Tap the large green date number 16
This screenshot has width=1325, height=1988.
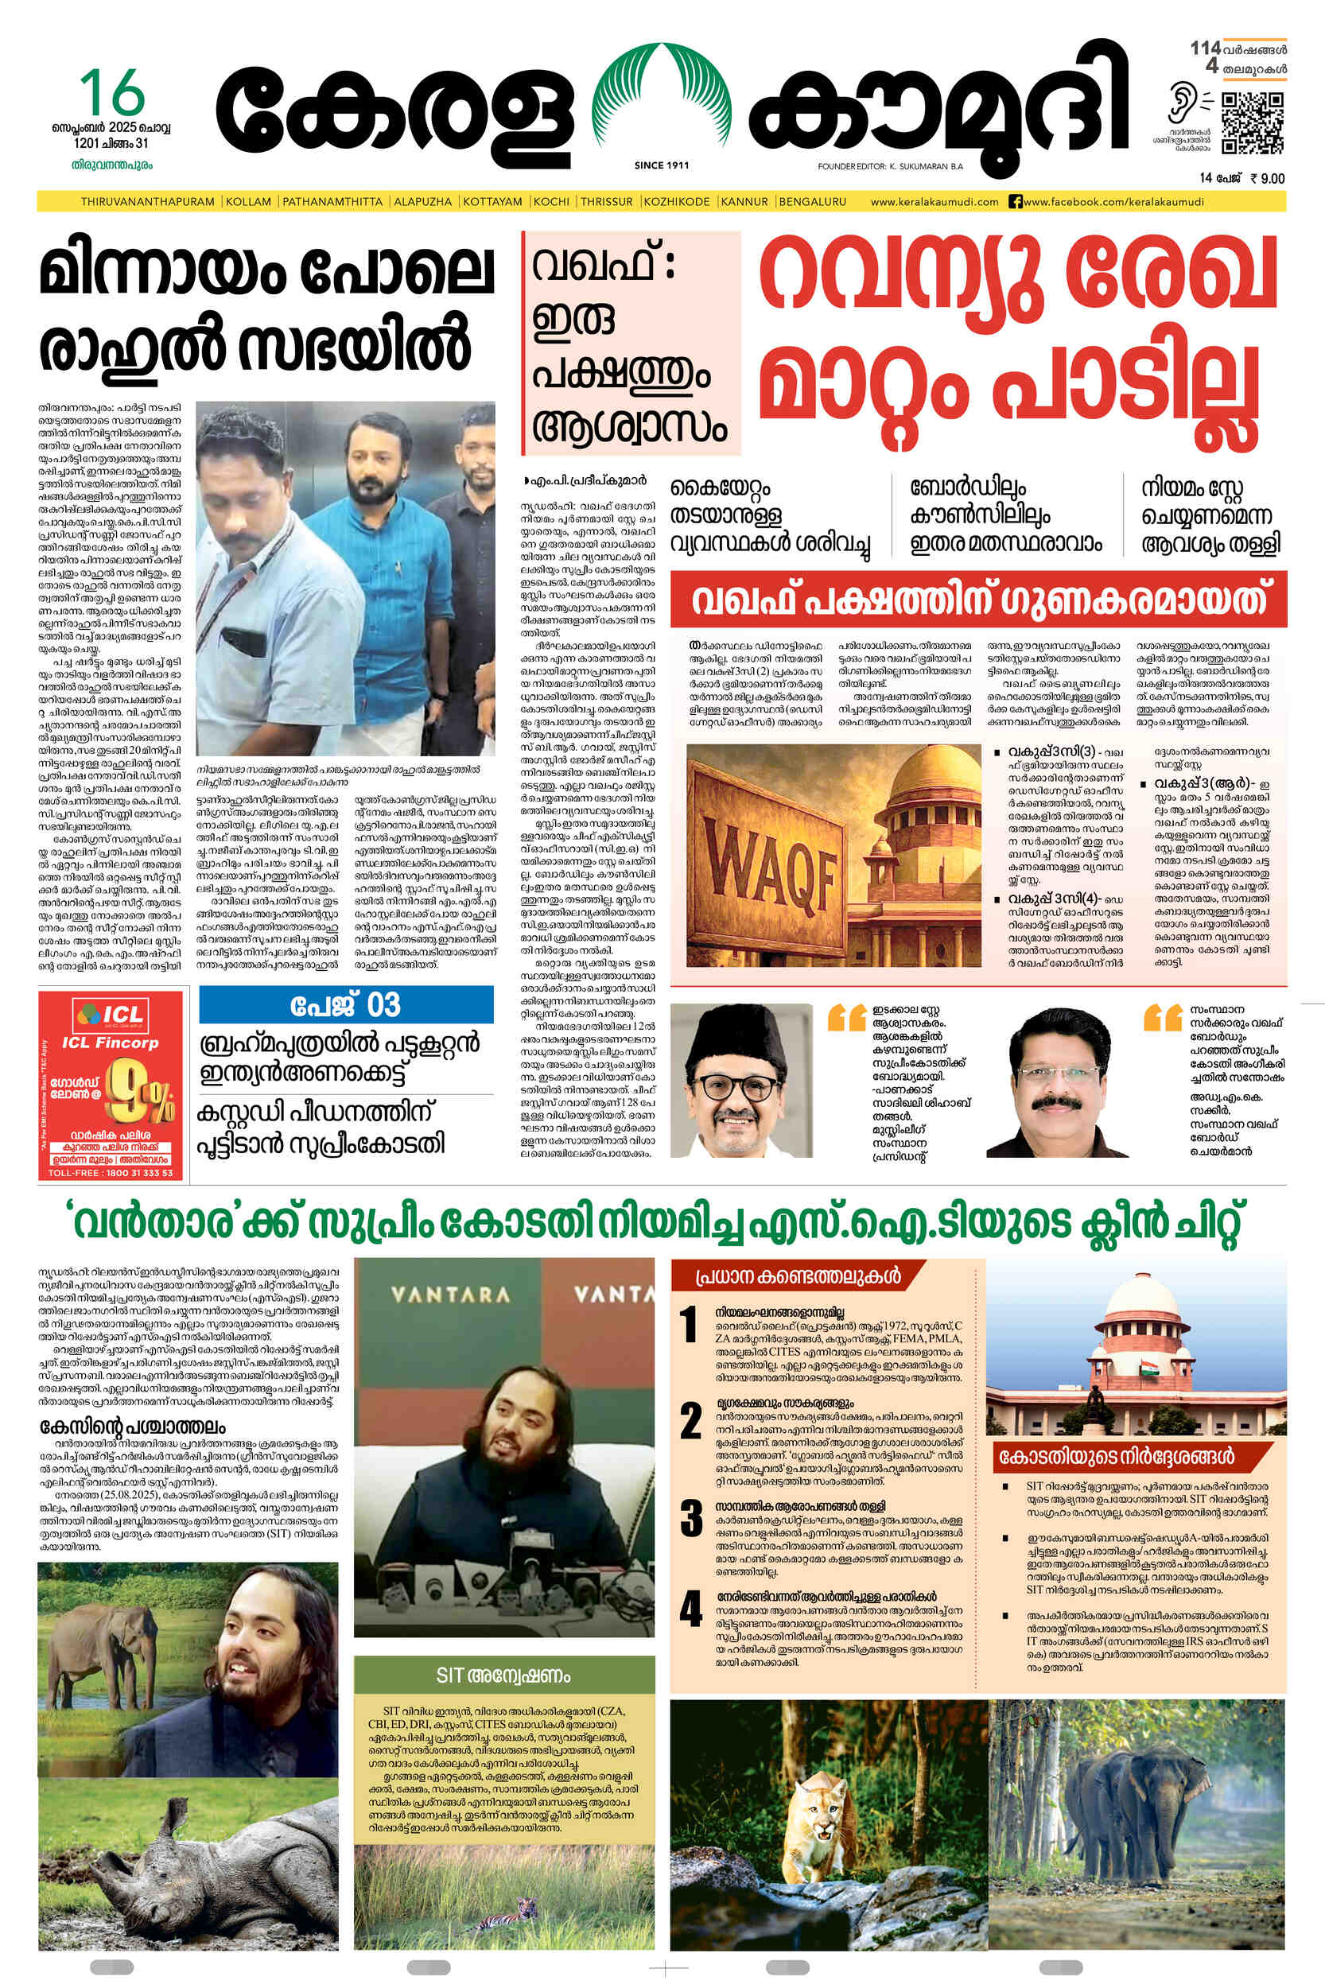112,94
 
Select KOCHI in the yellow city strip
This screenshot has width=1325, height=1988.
551,202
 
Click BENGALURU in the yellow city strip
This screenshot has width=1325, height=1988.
812,202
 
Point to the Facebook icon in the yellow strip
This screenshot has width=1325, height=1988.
1016,202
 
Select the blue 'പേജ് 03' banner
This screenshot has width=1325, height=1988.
346,1005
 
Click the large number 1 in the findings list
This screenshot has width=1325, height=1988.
690,1324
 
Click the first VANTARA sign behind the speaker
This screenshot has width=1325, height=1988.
450,1294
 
